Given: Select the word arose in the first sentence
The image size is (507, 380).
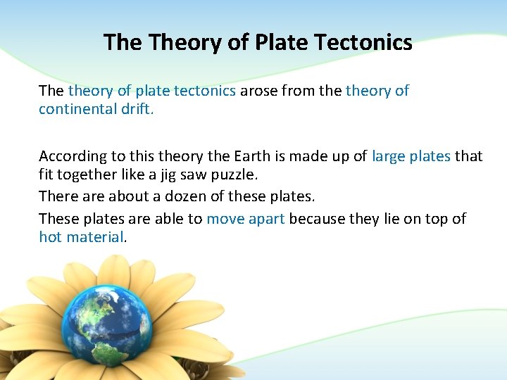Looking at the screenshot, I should pyautogui.click(x=260, y=91).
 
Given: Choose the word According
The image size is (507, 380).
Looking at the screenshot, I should pyautogui.click(x=73, y=156).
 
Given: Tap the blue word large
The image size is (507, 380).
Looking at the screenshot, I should pyautogui.click(x=389, y=156).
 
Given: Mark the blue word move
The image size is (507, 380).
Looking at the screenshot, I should pyautogui.click(x=225, y=219).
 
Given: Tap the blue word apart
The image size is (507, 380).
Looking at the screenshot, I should pyautogui.click(x=265, y=220).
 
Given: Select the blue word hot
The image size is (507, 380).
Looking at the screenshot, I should pyautogui.click(x=50, y=237).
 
